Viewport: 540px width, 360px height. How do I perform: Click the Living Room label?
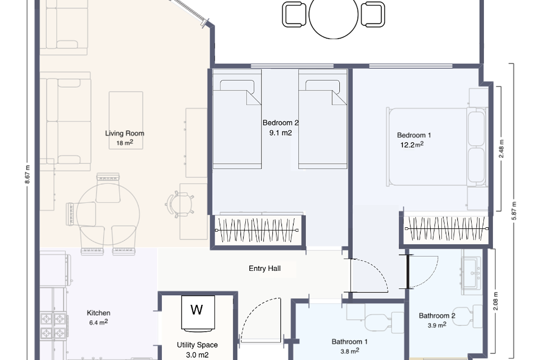125,133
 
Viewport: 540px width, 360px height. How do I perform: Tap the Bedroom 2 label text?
280,122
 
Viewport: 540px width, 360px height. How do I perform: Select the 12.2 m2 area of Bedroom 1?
412,145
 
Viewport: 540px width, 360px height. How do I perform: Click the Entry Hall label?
265,269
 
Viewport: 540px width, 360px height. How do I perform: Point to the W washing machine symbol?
197,310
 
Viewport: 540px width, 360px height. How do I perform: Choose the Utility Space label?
197,345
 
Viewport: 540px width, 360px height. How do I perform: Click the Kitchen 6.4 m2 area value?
99,322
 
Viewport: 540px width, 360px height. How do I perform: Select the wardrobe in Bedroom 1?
445,229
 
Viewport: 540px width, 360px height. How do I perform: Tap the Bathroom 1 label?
350,342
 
